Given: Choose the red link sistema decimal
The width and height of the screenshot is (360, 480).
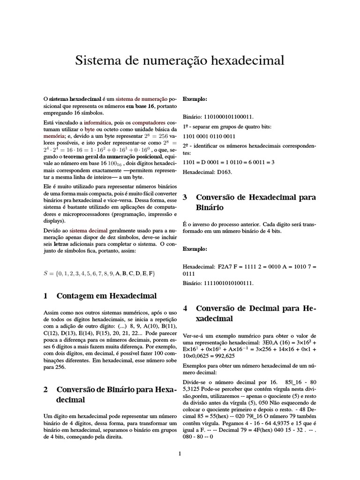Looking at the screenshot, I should [89, 231].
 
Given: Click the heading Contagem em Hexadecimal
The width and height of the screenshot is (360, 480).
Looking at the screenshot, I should [106, 296].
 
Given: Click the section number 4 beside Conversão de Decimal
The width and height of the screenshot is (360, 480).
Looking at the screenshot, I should [185, 308].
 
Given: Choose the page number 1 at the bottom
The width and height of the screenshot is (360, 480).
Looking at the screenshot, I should [180, 454].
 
